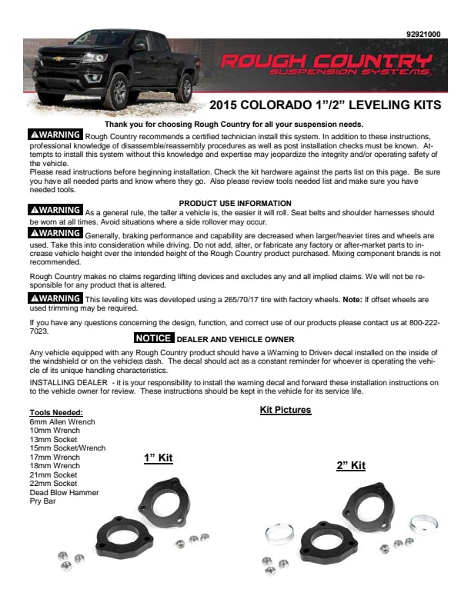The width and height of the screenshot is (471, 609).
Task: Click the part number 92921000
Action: tap(423, 34)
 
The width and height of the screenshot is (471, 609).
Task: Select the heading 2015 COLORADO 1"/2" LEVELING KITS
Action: tap(326, 105)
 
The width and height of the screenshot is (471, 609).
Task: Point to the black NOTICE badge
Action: tap(154, 338)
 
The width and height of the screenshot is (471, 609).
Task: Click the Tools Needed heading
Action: tap(55, 413)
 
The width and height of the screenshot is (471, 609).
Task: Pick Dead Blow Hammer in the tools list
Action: tap(64, 492)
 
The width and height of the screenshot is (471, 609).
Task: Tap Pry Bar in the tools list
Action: tap(42, 501)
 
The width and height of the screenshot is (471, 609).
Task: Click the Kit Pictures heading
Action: tap(285, 410)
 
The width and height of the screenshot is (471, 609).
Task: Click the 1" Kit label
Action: tap(159, 458)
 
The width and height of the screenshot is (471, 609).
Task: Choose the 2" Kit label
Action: tap(350, 465)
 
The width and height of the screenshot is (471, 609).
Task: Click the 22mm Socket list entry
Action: tap(53, 484)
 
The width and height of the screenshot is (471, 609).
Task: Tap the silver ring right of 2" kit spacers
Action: tap(424, 525)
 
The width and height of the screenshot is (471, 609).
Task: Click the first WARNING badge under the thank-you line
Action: tap(55, 134)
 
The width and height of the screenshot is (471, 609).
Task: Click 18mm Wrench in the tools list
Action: tap(54, 466)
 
